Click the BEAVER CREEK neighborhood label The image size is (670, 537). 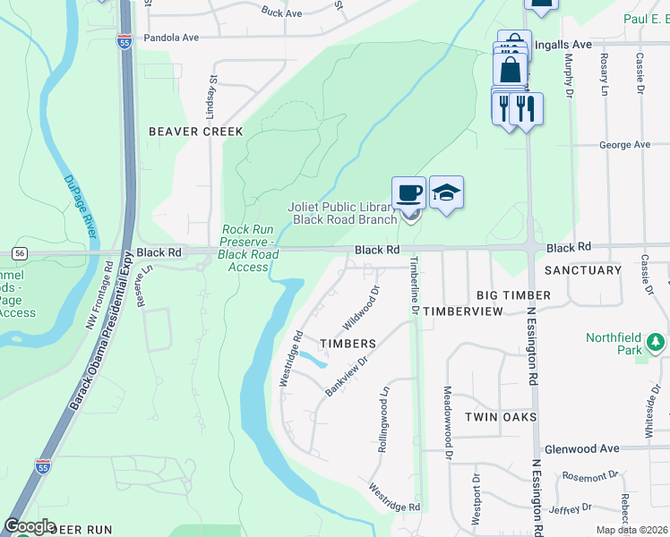coord(195,132)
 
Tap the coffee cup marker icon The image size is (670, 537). coord(408,192)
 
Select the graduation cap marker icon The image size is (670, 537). coord(446,192)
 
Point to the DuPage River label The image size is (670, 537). coord(81,206)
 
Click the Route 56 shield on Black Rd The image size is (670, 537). coord(20,253)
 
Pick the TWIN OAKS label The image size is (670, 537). coord(501,417)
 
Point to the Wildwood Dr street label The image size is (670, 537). coord(362,307)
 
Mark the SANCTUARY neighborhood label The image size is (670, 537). coord(583,269)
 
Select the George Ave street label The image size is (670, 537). coord(624,144)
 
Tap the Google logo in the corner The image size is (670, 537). coord(30,526)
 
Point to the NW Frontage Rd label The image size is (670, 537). coord(99,295)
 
